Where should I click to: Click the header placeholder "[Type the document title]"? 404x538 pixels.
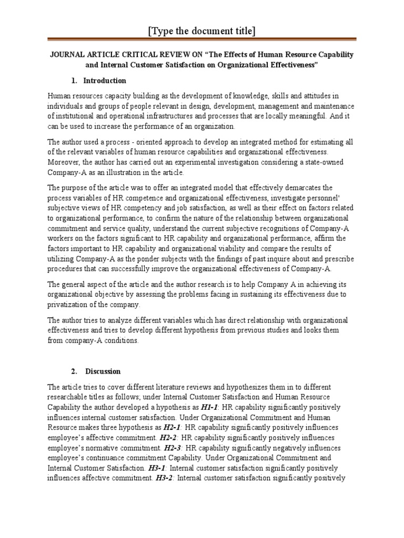pyautogui.click(x=202, y=32)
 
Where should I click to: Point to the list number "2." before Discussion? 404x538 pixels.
pyautogui.click(x=74, y=371)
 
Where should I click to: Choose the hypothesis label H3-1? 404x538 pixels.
pyautogui.click(x=156, y=468)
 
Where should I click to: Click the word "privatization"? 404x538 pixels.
pyautogui.click(x=68, y=305)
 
